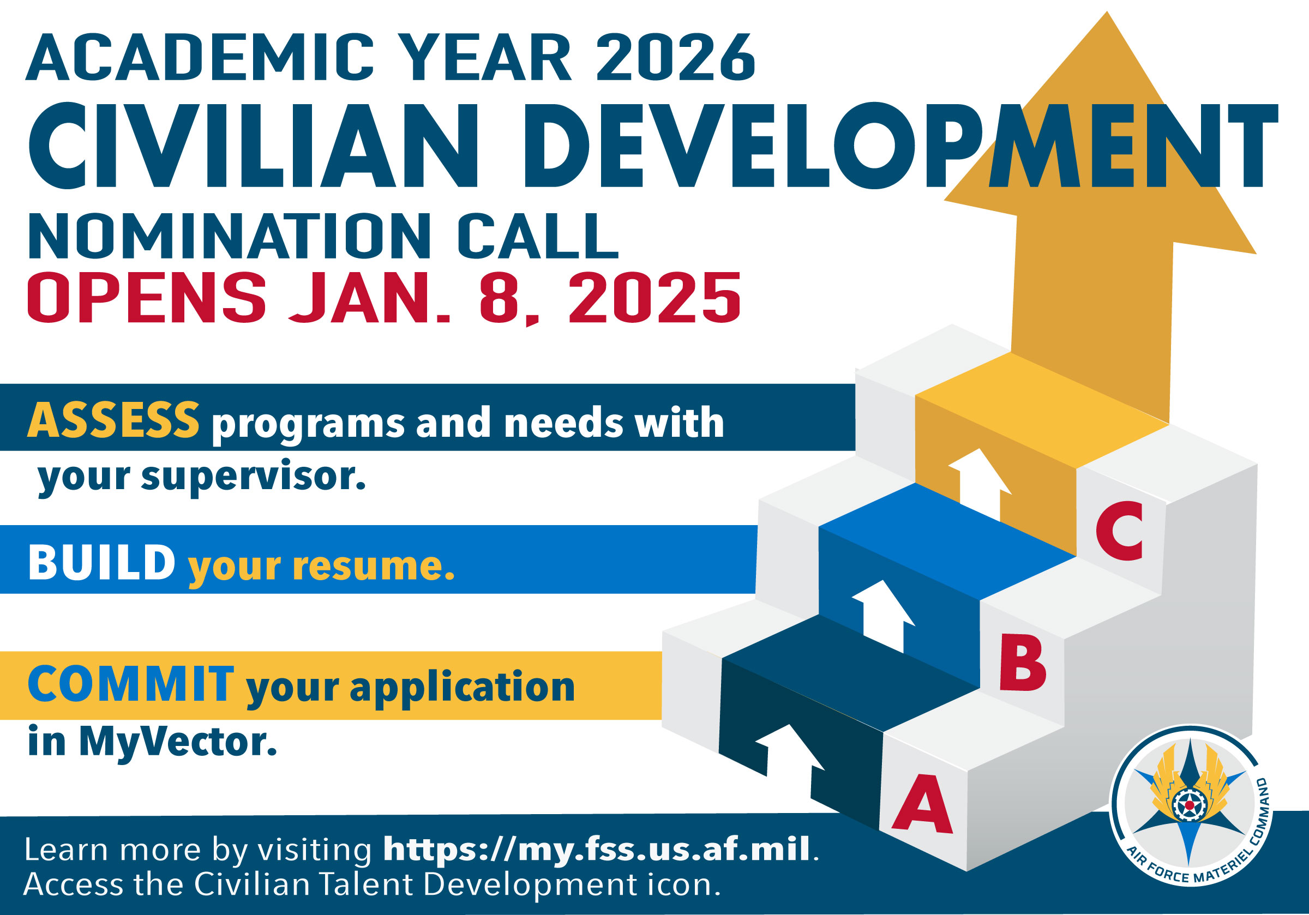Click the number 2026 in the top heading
click(x=676, y=57)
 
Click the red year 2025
click(x=654, y=298)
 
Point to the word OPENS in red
click(x=147, y=298)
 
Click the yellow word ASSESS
click(x=113, y=420)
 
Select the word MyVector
click(x=178, y=742)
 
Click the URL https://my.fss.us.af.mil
click(x=596, y=849)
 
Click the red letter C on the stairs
click(x=1120, y=531)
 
